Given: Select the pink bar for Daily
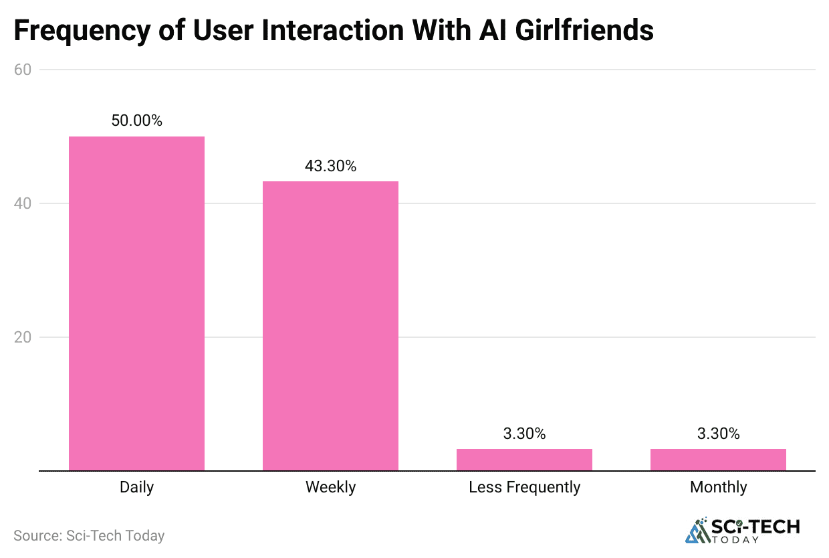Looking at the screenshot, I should [x=136, y=303].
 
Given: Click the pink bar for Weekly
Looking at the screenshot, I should [x=330, y=326].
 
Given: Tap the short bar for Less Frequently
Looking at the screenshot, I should [x=524, y=460].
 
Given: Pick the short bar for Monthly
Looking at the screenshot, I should [x=718, y=460].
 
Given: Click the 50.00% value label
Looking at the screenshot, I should [x=136, y=121].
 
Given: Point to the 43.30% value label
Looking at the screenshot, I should [x=330, y=166].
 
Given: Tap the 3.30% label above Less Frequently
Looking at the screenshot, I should [x=524, y=434].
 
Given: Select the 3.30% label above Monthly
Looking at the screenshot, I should [x=718, y=434].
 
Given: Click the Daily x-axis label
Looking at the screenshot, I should [x=136, y=487].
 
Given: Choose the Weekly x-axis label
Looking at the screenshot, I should [x=330, y=487].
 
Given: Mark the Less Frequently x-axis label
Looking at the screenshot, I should [x=524, y=487].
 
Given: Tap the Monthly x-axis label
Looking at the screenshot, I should [x=718, y=487].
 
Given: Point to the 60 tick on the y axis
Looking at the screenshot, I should [x=23, y=70].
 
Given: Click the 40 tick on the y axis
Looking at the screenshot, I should [x=23, y=203].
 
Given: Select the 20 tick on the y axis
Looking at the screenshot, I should [x=23, y=337].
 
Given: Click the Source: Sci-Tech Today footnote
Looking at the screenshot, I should [x=89, y=535].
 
